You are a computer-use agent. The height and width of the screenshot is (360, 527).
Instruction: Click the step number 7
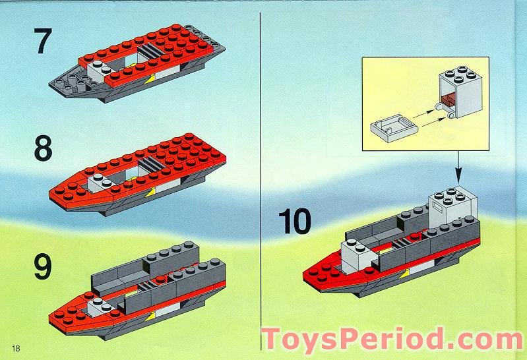(x=42, y=42)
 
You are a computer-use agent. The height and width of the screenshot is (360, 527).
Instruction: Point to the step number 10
(x=294, y=222)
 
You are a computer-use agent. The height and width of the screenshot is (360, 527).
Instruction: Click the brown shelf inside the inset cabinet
(x=447, y=100)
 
